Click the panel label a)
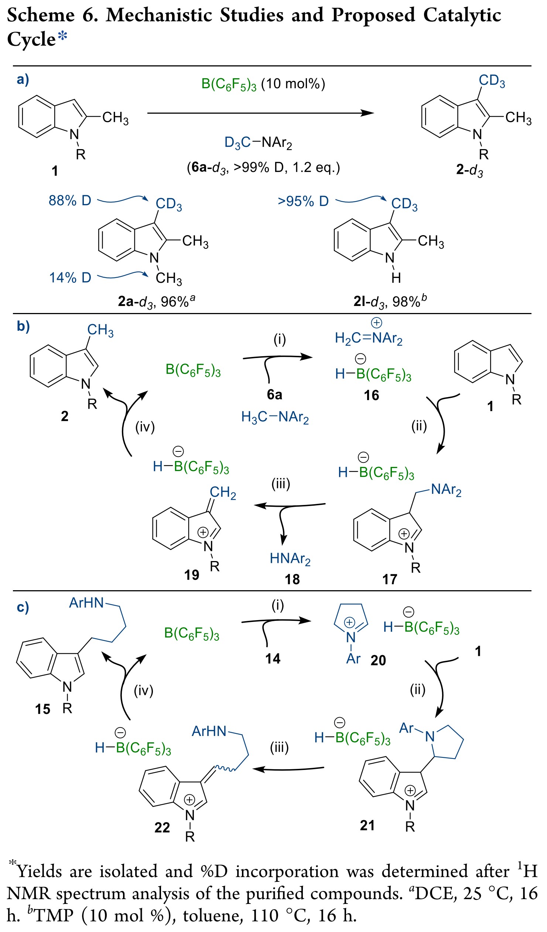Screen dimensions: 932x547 [23, 79]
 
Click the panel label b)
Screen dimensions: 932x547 [23, 326]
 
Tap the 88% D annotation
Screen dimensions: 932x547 [70, 200]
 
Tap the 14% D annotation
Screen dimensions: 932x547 [70, 277]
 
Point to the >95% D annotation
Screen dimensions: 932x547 [303, 201]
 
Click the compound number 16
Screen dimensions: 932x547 [371, 395]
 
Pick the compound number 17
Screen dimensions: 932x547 [389, 580]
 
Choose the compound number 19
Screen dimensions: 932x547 [191, 575]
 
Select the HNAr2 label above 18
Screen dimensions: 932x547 [290, 558]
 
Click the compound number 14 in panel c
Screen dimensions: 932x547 [273, 659]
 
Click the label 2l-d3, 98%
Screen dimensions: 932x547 [390, 302]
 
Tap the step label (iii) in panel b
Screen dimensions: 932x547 [281, 484]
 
